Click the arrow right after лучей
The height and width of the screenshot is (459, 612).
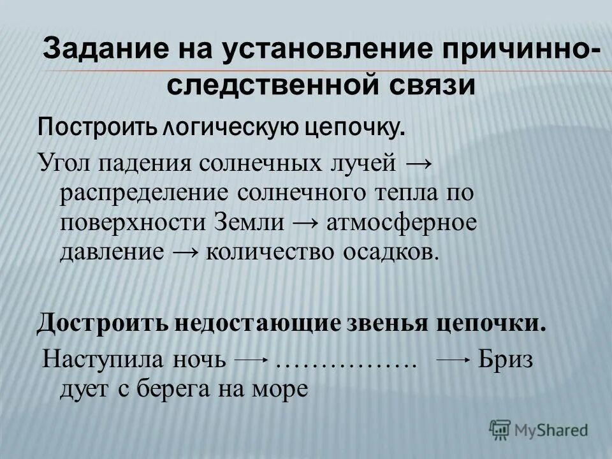(419, 162)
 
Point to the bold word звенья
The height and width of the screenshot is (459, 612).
(401, 322)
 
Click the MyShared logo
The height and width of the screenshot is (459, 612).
(539, 430)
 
